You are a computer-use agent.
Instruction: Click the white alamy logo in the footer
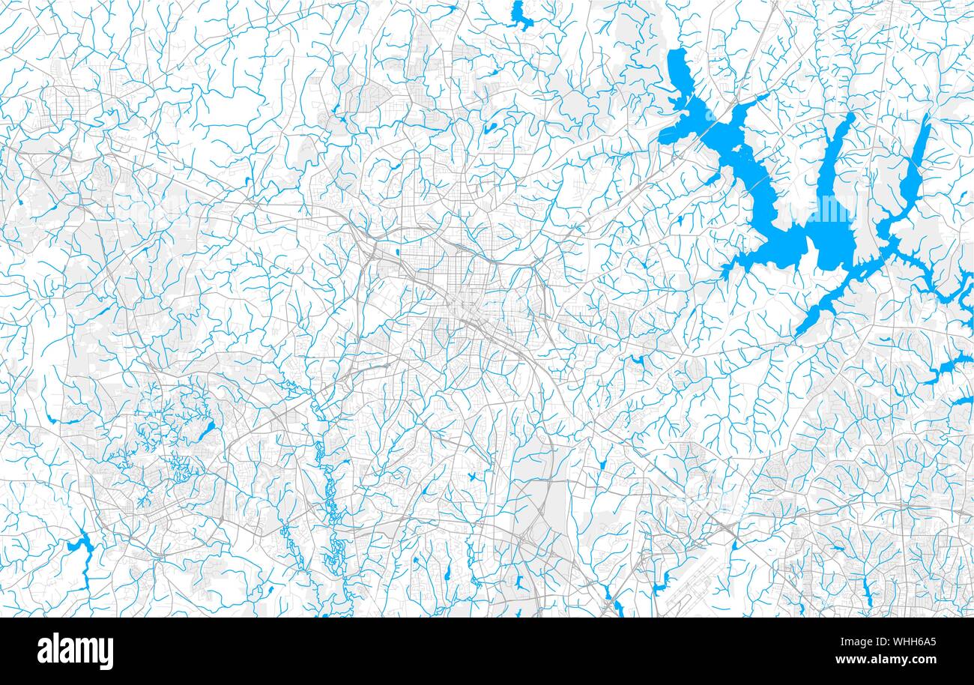75,651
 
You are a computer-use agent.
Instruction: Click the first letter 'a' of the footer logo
44,652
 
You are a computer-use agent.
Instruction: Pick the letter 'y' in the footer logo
106,654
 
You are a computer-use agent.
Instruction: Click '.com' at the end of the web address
922,660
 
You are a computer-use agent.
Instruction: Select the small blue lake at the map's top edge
518,15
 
